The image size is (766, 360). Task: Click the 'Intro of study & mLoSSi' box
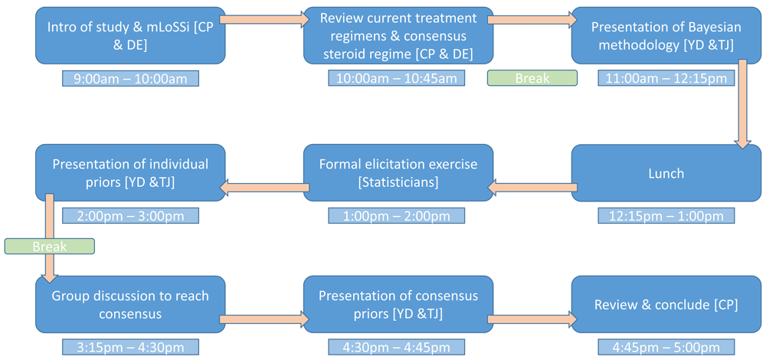click(x=130, y=37)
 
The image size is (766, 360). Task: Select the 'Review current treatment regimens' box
click(x=398, y=37)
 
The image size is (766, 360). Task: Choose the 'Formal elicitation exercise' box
click(x=398, y=173)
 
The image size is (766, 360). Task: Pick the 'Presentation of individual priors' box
click(x=130, y=173)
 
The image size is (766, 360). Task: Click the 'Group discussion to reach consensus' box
click(x=130, y=304)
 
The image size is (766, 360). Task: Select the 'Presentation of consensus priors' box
click(x=398, y=304)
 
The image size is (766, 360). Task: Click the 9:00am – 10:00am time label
click(x=130, y=78)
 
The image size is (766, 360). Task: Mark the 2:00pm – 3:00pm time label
click(x=130, y=215)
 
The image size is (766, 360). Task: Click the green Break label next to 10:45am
click(x=532, y=78)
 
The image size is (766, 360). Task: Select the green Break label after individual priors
click(x=49, y=247)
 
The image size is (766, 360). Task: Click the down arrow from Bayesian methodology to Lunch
click(x=743, y=103)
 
